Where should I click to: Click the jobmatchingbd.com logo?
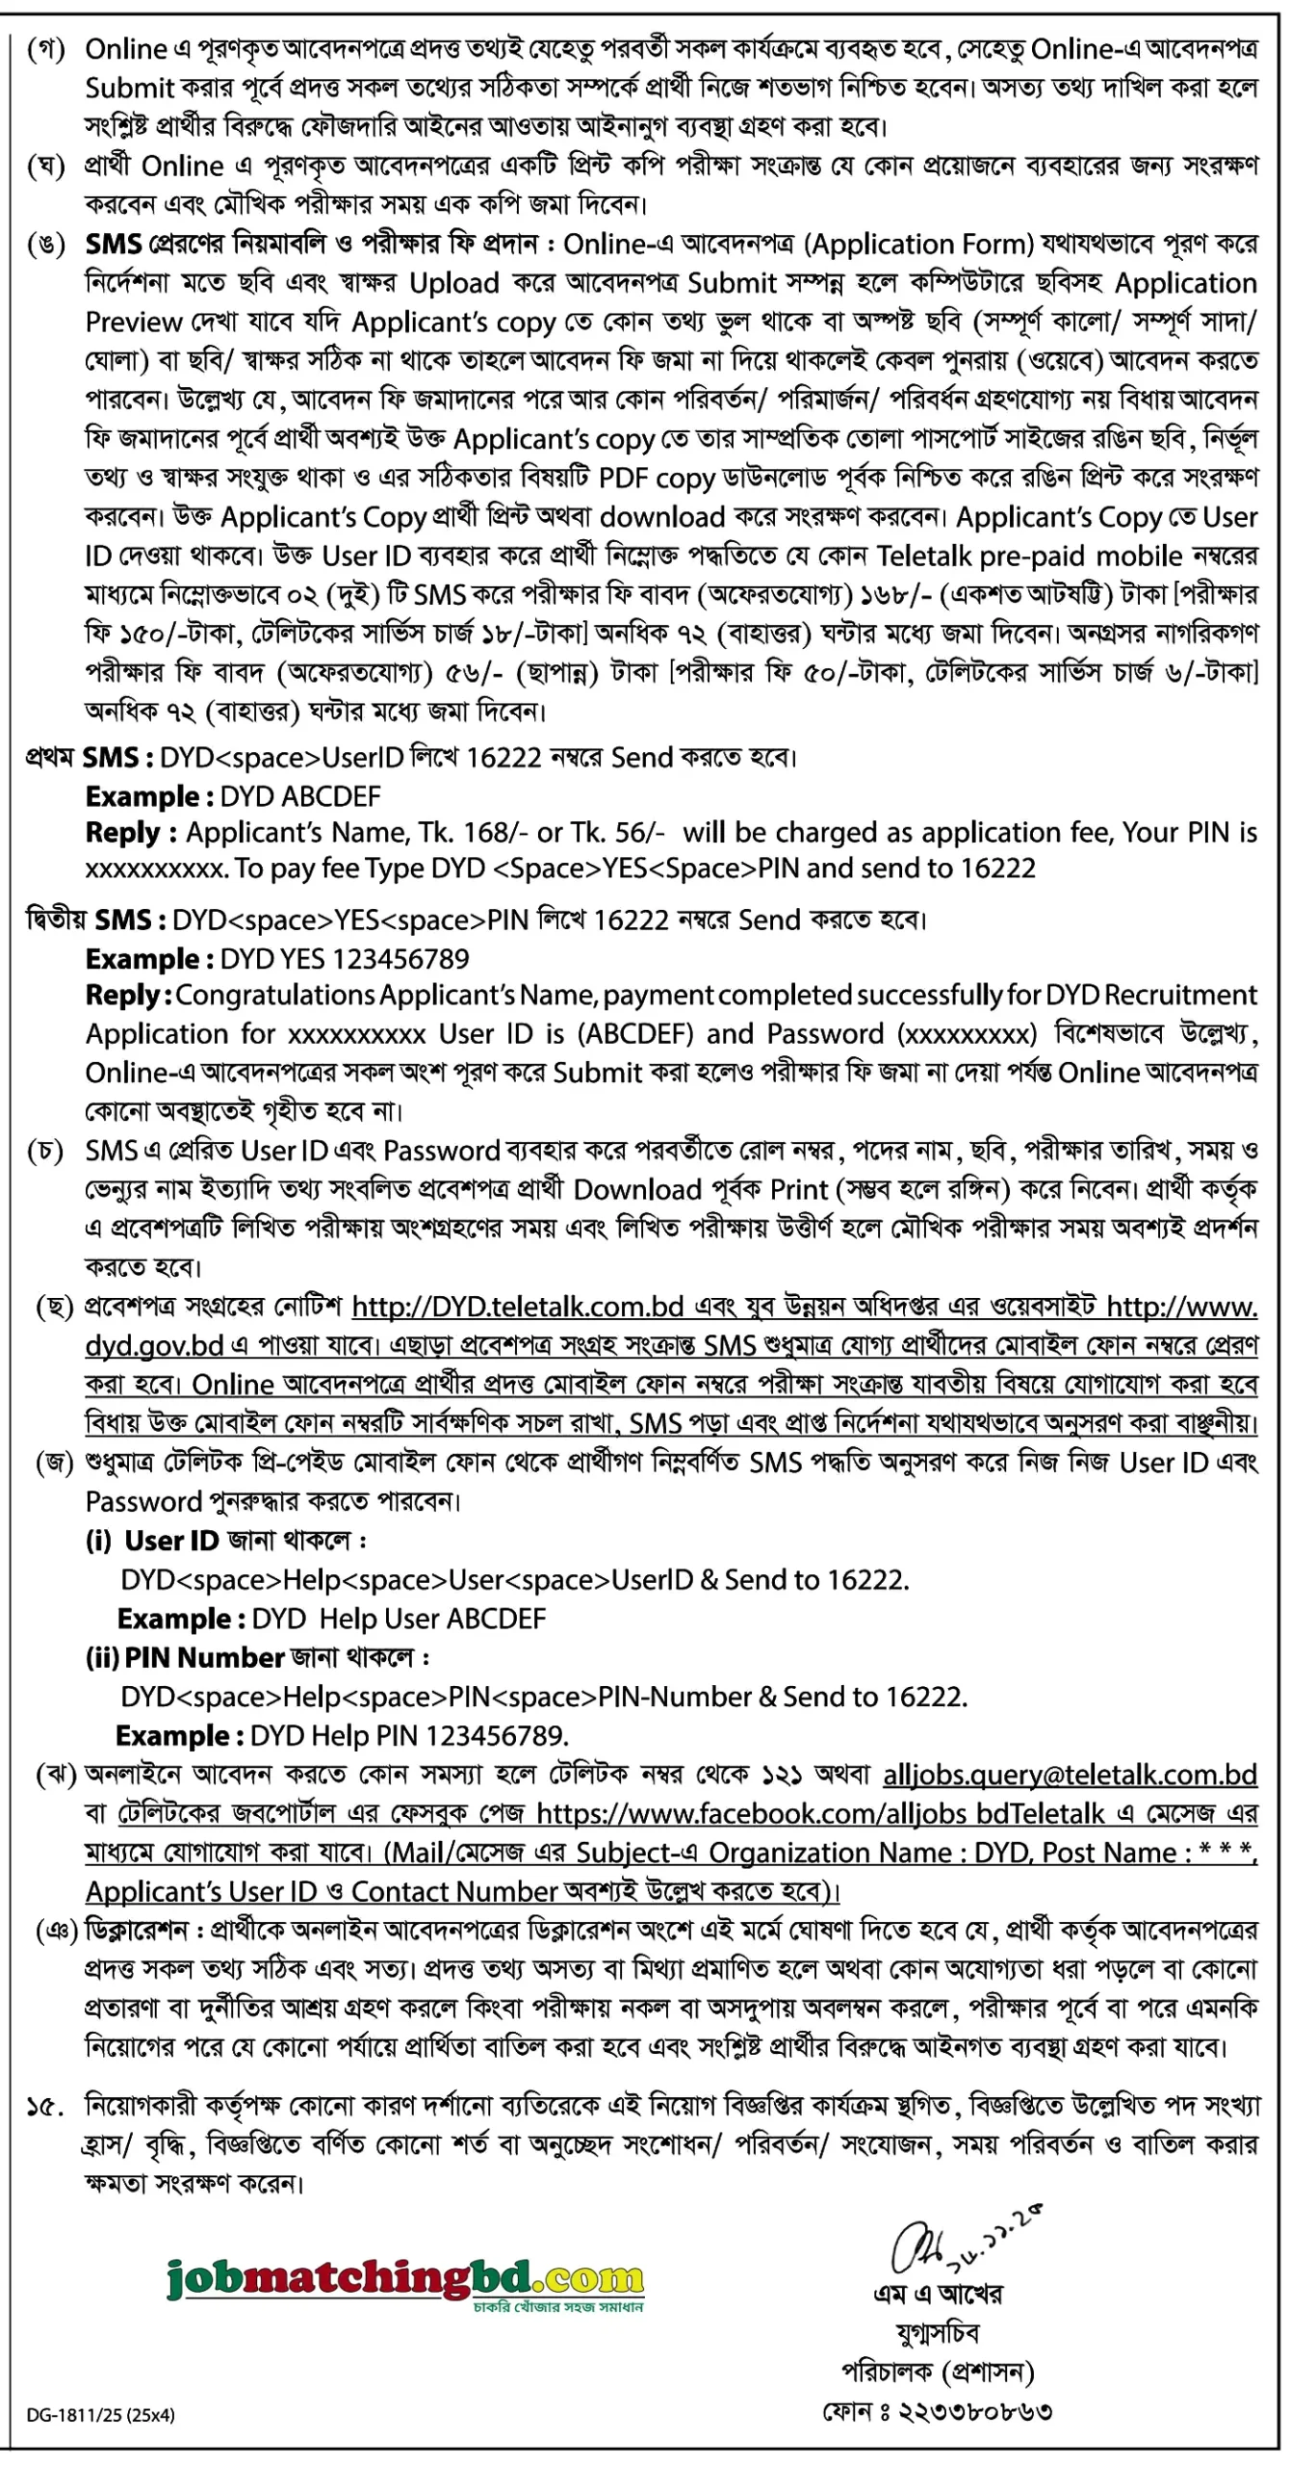pos(404,2280)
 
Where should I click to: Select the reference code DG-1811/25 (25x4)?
pos(100,2414)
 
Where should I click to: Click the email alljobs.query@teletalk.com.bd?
pos(1070,1775)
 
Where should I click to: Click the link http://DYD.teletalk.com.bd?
pos(517,1307)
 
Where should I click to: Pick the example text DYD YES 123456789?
pos(345,958)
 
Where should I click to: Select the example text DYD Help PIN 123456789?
pos(408,1735)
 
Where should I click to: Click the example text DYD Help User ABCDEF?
pos(399,1619)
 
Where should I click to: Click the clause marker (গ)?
pos(46,49)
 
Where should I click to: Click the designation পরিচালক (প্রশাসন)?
pos(938,2372)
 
